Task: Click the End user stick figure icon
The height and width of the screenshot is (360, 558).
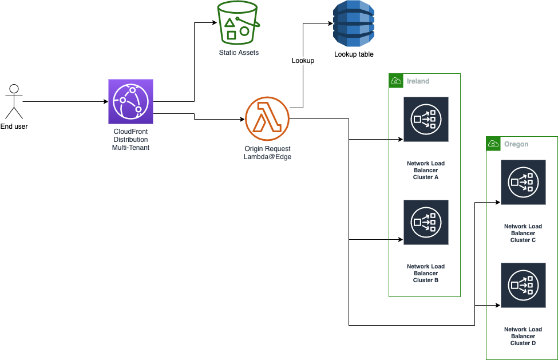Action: (14, 101)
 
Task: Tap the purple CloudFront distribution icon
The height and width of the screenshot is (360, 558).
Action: (131, 102)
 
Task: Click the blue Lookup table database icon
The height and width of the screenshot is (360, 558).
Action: (354, 23)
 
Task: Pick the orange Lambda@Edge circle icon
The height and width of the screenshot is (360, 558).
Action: (267, 118)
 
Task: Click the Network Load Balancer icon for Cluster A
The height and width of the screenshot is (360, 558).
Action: (425, 119)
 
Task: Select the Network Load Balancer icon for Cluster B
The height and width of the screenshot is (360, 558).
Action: (425, 222)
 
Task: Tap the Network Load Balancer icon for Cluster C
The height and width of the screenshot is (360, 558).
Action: (523, 182)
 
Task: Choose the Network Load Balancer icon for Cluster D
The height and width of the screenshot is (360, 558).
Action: (523, 285)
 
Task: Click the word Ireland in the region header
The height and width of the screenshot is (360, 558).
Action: (418, 81)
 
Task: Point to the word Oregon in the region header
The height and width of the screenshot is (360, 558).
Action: (516, 144)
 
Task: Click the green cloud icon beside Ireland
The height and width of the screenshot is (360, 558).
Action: (395, 81)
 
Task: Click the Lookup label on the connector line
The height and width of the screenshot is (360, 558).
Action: (303, 61)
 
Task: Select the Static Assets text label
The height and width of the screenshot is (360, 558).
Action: (239, 53)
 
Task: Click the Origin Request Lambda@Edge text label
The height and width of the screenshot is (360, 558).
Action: (267, 153)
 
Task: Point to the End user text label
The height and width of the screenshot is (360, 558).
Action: (14, 126)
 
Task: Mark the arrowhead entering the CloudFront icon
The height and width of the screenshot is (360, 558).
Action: (105, 102)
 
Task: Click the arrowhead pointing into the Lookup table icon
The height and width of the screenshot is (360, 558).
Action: (330, 23)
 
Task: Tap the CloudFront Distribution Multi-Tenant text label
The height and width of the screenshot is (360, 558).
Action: (130, 140)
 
